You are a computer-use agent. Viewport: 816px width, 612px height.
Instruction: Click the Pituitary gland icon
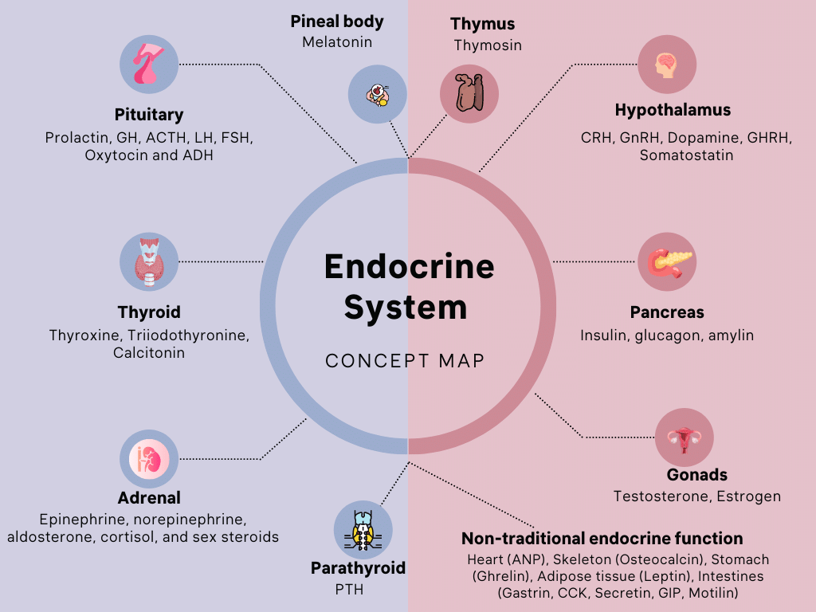click(x=149, y=64)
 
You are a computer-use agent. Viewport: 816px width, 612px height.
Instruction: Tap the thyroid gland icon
click(x=149, y=261)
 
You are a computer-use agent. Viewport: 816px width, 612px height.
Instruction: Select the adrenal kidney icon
click(x=149, y=459)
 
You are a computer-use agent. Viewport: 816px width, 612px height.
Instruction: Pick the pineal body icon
click(x=378, y=95)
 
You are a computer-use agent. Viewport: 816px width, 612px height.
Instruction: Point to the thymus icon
click(x=469, y=94)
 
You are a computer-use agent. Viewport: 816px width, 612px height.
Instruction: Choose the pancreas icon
click(x=667, y=261)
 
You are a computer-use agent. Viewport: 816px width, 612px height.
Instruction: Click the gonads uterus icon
click(x=684, y=437)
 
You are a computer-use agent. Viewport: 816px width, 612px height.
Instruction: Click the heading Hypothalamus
click(x=673, y=110)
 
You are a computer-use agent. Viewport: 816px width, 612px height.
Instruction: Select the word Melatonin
click(x=337, y=41)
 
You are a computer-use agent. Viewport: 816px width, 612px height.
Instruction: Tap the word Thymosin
click(x=488, y=45)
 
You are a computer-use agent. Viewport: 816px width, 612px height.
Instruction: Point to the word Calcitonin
click(x=149, y=352)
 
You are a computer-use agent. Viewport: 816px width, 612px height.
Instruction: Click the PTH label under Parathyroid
click(x=349, y=590)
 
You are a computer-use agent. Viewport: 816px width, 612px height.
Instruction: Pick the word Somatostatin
click(x=686, y=155)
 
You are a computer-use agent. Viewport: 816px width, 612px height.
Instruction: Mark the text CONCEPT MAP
click(x=405, y=360)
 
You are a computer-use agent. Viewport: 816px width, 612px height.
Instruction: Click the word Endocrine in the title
click(x=409, y=266)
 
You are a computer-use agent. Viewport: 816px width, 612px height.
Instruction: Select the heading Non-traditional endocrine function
click(x=602, y=539)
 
